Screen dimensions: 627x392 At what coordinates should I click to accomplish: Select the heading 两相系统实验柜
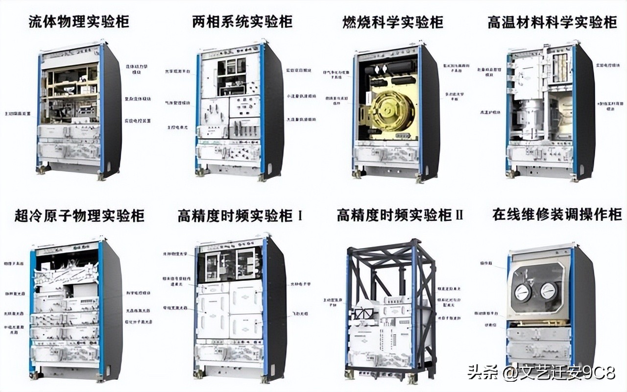[242, 22]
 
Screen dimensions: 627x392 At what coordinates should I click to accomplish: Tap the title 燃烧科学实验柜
[393, 22]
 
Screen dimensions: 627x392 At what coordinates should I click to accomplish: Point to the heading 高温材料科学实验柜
[552, 22]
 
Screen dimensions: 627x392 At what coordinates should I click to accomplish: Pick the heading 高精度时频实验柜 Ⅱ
[399, 215]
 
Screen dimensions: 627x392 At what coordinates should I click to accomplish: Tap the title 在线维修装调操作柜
[557, 214]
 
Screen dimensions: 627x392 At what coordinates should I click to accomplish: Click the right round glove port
[548, 291]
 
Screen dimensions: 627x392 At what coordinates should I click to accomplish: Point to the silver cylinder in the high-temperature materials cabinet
[530, 118]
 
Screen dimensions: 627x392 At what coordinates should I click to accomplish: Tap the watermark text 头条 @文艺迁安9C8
[541, 373]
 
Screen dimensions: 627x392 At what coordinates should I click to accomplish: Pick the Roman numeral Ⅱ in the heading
[458, 215]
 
